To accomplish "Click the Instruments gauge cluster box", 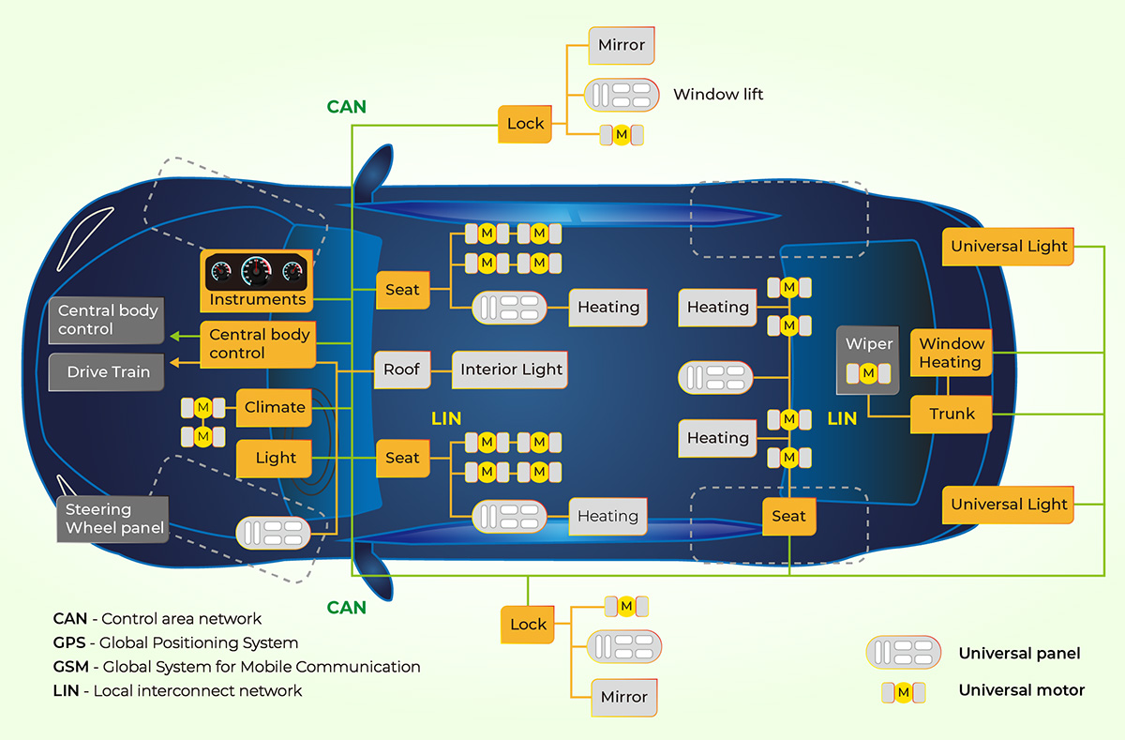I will [x=257, y=280].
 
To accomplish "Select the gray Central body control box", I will [x=107, y=320].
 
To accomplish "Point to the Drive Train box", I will [x=108, y=371].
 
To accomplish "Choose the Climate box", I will [x=274, y=407].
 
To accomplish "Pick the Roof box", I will [x=401, y=370].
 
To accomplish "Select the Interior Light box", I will [x=511, y=370].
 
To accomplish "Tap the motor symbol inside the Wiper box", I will [x=868, y=373].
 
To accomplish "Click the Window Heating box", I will [x=951, y=353].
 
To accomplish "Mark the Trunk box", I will [x=951, y=414].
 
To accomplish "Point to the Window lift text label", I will [x=718, y=94].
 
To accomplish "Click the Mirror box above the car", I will [x=622, y=45].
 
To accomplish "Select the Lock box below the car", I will [x=528, y=625].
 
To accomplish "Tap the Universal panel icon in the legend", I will [x=903, y=653].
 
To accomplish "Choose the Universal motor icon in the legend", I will [x=903, y=692].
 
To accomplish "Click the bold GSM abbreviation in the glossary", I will [x=70, y=667].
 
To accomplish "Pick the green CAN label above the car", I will [x=346, y=107].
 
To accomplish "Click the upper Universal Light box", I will [x=1009, y=247].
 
